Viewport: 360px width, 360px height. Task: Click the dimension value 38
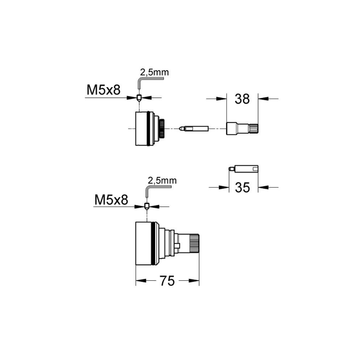click(242, 99)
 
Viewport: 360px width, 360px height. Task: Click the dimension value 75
click(168, 281)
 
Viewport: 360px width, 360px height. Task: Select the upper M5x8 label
click(103, 90)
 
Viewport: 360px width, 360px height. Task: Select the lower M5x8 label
click(111, 200)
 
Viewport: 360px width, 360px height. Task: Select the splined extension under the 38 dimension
click(242, 129)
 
